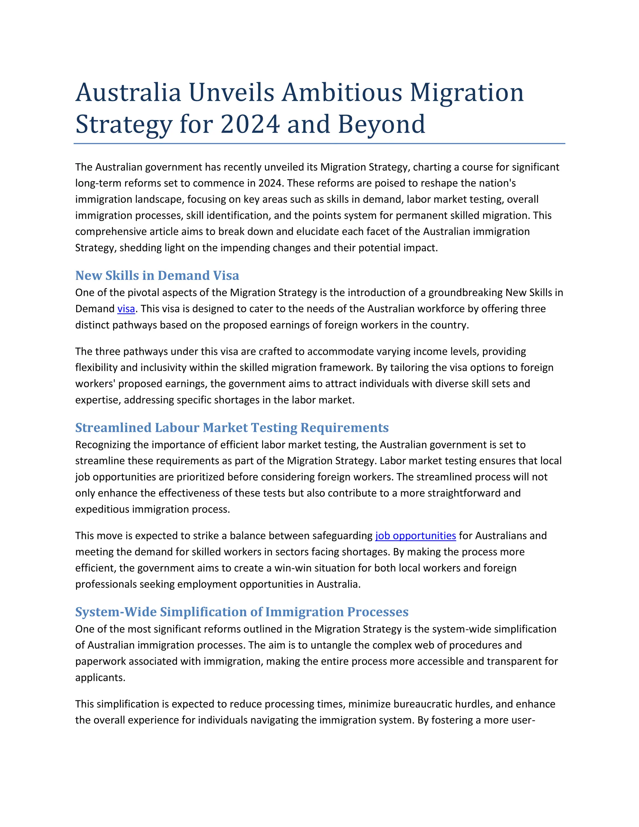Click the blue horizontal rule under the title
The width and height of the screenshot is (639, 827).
(x=319, y=144)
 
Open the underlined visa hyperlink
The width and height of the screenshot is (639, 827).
(x=126, y=309)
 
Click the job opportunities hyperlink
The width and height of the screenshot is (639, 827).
(x=415, y=536)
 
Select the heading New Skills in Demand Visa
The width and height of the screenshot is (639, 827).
(x=157, y=276)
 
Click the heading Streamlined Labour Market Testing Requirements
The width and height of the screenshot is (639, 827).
(x=232, y=428)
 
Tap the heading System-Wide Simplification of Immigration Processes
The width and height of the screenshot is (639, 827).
(x=241, y=612)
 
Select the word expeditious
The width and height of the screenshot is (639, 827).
(x=102, y=509)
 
